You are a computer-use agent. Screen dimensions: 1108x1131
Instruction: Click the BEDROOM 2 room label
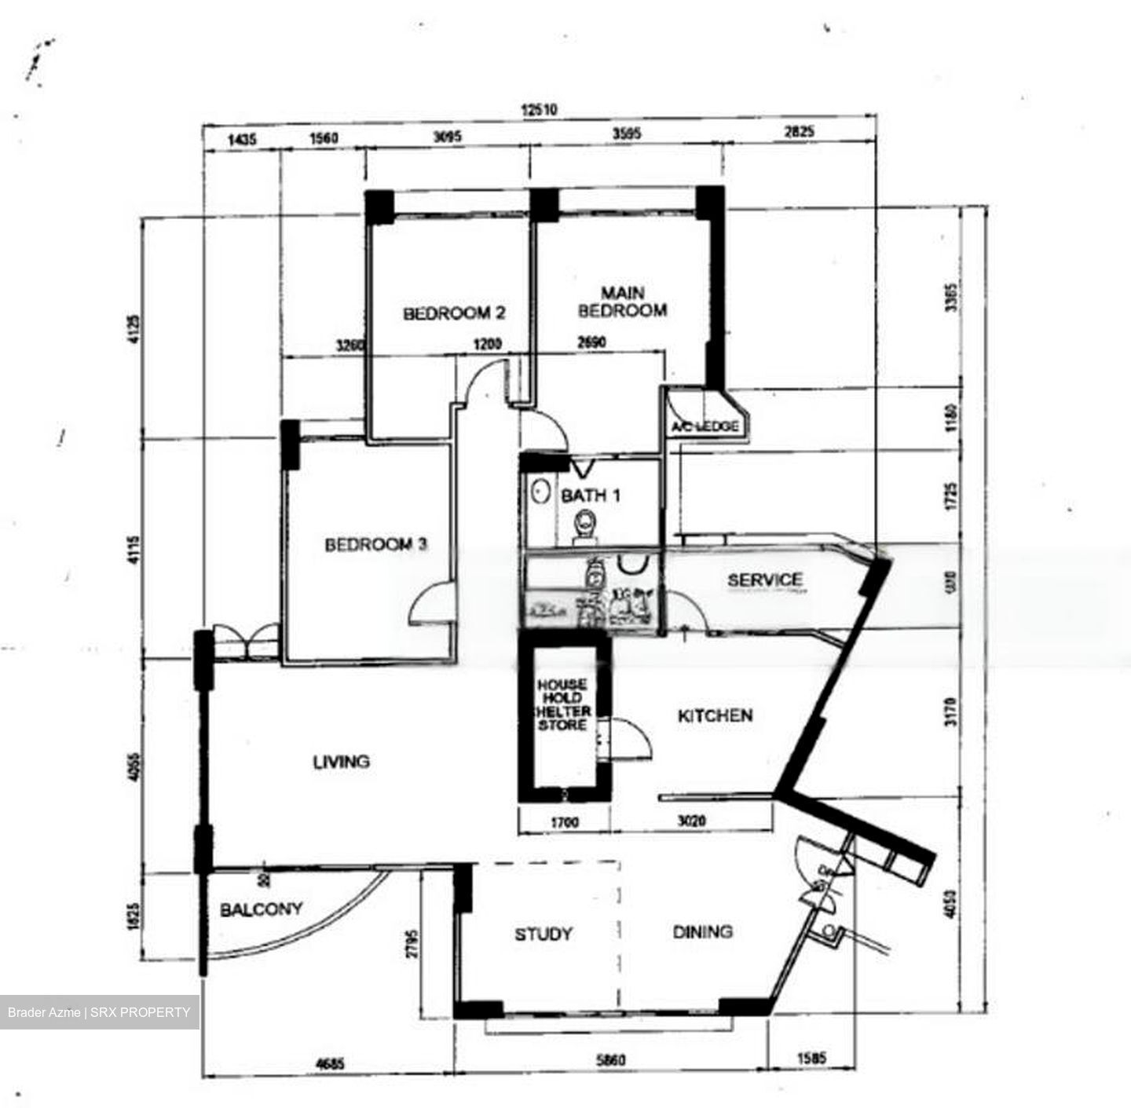tap(454, 313)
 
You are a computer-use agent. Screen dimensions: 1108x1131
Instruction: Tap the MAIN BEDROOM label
tap(622, 302)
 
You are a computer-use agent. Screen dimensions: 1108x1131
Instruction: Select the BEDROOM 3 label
tap(376, 544)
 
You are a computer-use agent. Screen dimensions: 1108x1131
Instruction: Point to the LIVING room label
tap(341, 762)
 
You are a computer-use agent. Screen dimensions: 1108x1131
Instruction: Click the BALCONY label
tap(261, 909)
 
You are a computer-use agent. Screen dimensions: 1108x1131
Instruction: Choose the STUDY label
tap(543, 934)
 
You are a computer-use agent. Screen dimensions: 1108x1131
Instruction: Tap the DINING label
tap(702, 932)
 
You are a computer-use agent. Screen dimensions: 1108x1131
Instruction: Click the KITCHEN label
tap(715, 715)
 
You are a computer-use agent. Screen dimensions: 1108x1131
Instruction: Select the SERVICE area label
tap(764, 580)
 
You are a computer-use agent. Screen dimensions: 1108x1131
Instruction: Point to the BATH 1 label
tap(591, 495)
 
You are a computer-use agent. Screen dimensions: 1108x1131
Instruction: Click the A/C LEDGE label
tap(705, 426)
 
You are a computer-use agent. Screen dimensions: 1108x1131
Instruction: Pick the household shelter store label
tap(562, 704)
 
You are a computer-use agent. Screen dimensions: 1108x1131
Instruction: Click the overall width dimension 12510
tap(539, 110)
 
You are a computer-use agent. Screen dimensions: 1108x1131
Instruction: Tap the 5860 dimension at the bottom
tap(610, 1061)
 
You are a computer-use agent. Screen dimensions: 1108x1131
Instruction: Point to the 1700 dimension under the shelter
tap(564, 822)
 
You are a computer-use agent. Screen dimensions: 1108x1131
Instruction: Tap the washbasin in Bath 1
tap(540, 492)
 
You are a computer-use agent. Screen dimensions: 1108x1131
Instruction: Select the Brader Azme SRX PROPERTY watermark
tap(99, 1012)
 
